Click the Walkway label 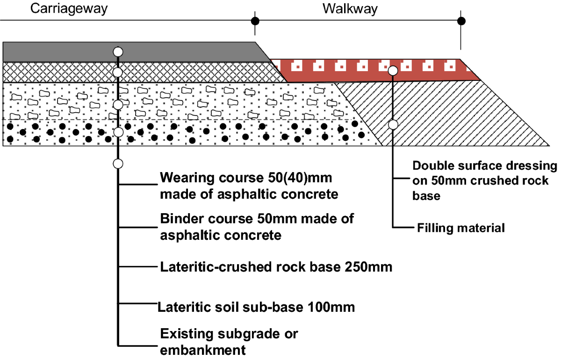point(350,9)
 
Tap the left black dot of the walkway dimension point(255,21)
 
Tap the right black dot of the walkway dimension point(461,21)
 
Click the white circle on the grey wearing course point(118,51)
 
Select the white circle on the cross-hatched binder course point(118,72)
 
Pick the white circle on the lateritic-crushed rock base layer point(118,105)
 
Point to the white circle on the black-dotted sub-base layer point(118,132)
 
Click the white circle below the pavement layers point(118,164)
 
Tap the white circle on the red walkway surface point(393,70)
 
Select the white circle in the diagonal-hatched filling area point(393,124)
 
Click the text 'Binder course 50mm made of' point(257,219)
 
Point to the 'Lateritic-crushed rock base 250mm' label point(276,267)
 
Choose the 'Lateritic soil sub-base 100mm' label point(256,307)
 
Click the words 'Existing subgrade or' point(229,334)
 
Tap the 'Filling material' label point(460,228)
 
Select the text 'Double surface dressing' point(484,166)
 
